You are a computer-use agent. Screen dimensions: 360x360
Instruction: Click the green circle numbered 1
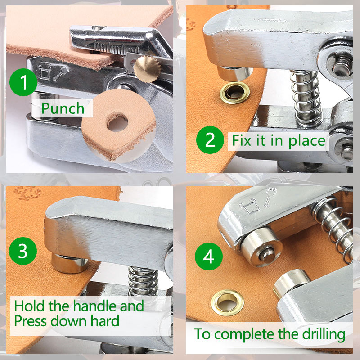point(23,82)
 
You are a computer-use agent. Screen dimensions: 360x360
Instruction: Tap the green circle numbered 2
point(210,140)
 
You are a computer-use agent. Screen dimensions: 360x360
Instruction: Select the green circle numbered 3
point(23,251)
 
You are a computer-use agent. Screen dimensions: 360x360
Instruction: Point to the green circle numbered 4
point(209,256)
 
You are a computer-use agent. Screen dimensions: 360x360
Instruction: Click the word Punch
point(63,108)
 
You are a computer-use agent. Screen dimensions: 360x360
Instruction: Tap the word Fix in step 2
point(242,140)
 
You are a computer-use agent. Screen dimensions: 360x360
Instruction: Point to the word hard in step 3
point(105,320)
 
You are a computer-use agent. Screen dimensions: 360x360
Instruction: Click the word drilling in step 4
point(324,334)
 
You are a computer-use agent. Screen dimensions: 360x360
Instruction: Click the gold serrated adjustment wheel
point(148,69)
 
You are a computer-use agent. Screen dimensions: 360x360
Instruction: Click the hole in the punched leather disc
point(117,123)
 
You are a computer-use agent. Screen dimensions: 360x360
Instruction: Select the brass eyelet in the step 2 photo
point(234,93)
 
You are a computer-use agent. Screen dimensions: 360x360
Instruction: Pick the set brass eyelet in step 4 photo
point(228,302)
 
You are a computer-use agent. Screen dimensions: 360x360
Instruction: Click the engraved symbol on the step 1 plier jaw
point(53,72)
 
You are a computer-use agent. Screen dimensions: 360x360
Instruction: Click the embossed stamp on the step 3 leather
point(27,193)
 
